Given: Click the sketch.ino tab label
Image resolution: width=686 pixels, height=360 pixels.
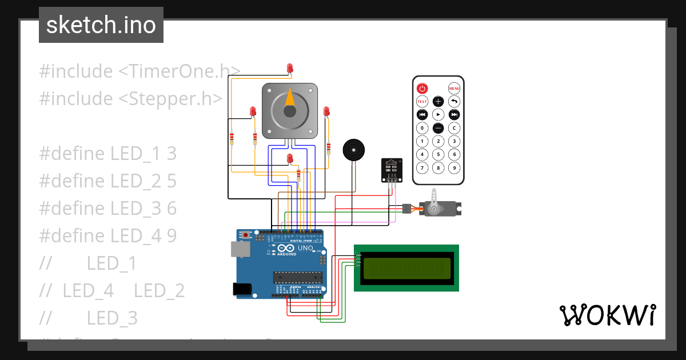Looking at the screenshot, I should click(x=101, y=25).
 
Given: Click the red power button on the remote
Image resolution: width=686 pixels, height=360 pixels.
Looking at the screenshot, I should click(x=422, y=88).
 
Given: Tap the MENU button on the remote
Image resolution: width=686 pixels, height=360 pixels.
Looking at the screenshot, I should click(x=454, y=88).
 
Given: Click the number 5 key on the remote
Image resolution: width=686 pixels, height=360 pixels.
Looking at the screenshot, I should click(x=438, y=154).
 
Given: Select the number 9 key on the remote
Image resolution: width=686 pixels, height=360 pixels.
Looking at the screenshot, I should click(x=454, y=168).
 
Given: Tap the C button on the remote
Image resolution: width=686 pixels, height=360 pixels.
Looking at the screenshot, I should click(x=454, y=128).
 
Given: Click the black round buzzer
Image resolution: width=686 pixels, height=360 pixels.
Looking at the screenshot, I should click(x=353, y=150).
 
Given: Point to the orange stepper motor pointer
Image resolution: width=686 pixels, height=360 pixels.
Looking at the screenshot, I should click(x=290, y=99).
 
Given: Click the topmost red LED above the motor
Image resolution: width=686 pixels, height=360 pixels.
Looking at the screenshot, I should click(x=290, y=69).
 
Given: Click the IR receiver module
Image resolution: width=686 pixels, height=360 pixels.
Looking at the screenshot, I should click(x=392, y=170).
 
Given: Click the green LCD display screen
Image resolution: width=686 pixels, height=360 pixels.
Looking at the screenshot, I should click(x=405, y=268).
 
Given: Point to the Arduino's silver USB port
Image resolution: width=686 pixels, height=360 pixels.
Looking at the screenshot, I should click(x=240, y=249).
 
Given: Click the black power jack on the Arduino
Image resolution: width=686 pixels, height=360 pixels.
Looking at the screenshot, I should click(x=242, y=289).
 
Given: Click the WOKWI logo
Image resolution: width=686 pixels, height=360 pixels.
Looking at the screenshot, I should click(x=607, y=315).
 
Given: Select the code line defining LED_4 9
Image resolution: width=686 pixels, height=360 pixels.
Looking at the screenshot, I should click(x=108, y=235).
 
